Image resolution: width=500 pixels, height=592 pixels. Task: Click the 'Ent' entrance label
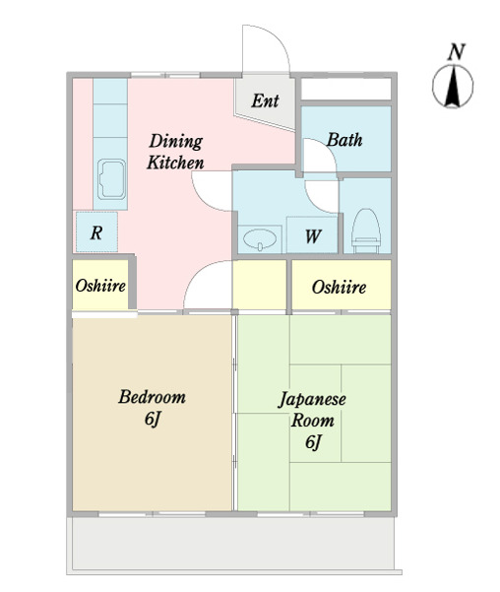[265, 100]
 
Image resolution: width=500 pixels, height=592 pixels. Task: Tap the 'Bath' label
[344, 140]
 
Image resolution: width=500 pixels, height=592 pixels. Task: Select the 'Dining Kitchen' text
[175, 152]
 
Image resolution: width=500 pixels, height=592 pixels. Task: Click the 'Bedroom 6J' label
[153, 408]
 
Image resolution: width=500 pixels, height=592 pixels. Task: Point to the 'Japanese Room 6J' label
[312, 421]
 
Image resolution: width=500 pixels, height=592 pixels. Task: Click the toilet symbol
[365, 230]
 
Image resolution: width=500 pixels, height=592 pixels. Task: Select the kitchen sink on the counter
[111, 179]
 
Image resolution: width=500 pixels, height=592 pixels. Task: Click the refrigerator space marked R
[96, 232]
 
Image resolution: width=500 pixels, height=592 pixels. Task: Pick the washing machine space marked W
[312, 235]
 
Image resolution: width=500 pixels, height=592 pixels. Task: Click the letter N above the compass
[456, 52]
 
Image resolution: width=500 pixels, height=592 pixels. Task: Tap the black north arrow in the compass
[452, 86]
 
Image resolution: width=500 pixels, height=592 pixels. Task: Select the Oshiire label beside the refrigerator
[100, 286]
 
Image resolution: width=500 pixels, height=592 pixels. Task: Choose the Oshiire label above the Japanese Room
[339, 288]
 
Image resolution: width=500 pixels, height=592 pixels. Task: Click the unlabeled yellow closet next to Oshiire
[259, 285]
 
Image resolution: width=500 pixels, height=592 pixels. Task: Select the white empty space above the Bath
[345, 89]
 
